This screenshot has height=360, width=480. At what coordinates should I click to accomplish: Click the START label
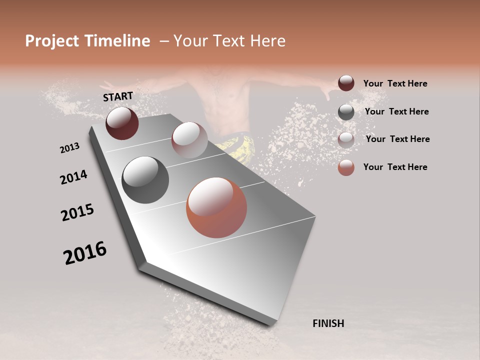coord(118,96)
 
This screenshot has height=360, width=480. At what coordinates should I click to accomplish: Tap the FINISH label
coord(328,323)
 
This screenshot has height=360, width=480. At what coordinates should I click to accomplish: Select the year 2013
coord(69,148)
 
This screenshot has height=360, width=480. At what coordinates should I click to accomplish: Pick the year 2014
coord(73,177)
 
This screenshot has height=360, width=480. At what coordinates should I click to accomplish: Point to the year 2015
coord(77,212)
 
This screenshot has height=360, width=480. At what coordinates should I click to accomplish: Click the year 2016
coord(85,253)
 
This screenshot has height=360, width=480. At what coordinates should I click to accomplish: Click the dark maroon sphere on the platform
coord(122,123)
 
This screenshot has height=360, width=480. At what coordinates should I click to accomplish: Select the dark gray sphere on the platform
coord(145,179)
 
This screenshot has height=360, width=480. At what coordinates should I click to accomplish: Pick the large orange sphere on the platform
coord(216,207)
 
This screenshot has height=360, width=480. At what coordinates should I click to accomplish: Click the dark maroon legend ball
coord(346,83)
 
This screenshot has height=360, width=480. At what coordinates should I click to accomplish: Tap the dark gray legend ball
coord(346,111)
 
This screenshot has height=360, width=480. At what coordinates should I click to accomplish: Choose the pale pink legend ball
coord(346,139)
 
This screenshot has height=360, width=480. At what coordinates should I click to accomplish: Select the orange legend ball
coord(346,167)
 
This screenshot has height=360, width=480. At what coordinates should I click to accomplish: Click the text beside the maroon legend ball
coord(395,83)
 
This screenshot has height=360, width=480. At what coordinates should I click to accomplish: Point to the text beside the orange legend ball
coord(395,167)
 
